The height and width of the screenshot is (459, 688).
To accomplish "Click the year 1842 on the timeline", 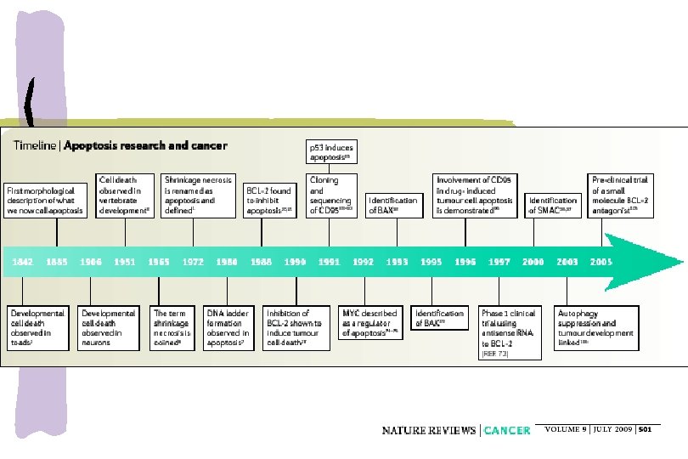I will [x=23, y=262].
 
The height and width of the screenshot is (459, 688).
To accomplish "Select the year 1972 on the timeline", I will [x=193, y=262].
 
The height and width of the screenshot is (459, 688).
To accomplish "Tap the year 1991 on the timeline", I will [x=330, y=262].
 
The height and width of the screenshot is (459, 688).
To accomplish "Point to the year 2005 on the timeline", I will [x=601, y=262].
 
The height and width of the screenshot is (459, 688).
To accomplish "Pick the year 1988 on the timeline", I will [x=262, y=262].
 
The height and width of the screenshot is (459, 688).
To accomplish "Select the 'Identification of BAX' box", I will [x=397, y=206].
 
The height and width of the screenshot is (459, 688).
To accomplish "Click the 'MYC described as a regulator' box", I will [x=369, y=324].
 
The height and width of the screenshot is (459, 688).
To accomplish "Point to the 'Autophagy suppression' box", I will [x=596, y=324].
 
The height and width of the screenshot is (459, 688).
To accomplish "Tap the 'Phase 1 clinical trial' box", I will [x=508, y=329].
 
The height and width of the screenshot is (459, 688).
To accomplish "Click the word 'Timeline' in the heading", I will [x=36, y=145].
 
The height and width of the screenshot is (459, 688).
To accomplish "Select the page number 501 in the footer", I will [x=646, y=429].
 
